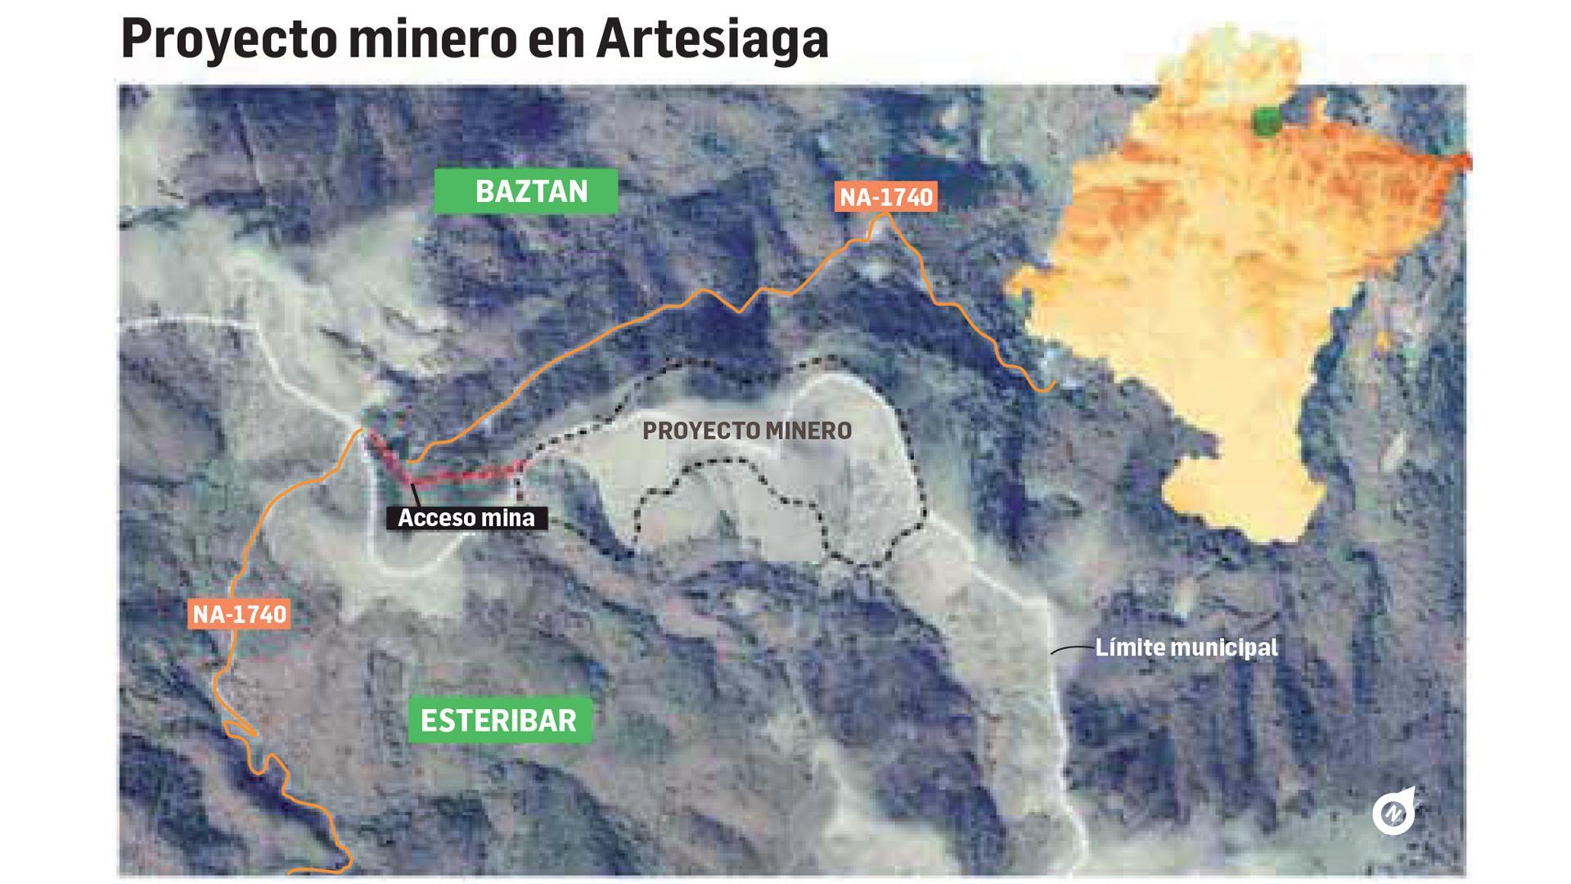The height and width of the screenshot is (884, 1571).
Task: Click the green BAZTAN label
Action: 525,192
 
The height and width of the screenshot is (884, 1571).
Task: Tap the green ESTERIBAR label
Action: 499,720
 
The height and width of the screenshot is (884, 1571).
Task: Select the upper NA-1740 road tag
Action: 886,197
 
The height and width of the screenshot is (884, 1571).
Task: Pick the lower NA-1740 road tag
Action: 239,614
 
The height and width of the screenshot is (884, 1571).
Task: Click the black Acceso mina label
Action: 466,517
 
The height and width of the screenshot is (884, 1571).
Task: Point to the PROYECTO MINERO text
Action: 746,431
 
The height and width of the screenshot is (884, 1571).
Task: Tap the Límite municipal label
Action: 1186,647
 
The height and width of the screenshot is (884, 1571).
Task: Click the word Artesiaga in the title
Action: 712,39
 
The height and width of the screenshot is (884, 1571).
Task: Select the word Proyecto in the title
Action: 228,39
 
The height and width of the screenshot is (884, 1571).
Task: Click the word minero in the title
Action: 431,39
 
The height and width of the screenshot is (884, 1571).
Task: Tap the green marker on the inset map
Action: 1267,123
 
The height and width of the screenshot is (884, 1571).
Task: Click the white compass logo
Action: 1393,812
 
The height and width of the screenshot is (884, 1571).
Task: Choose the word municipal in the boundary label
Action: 1224,647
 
